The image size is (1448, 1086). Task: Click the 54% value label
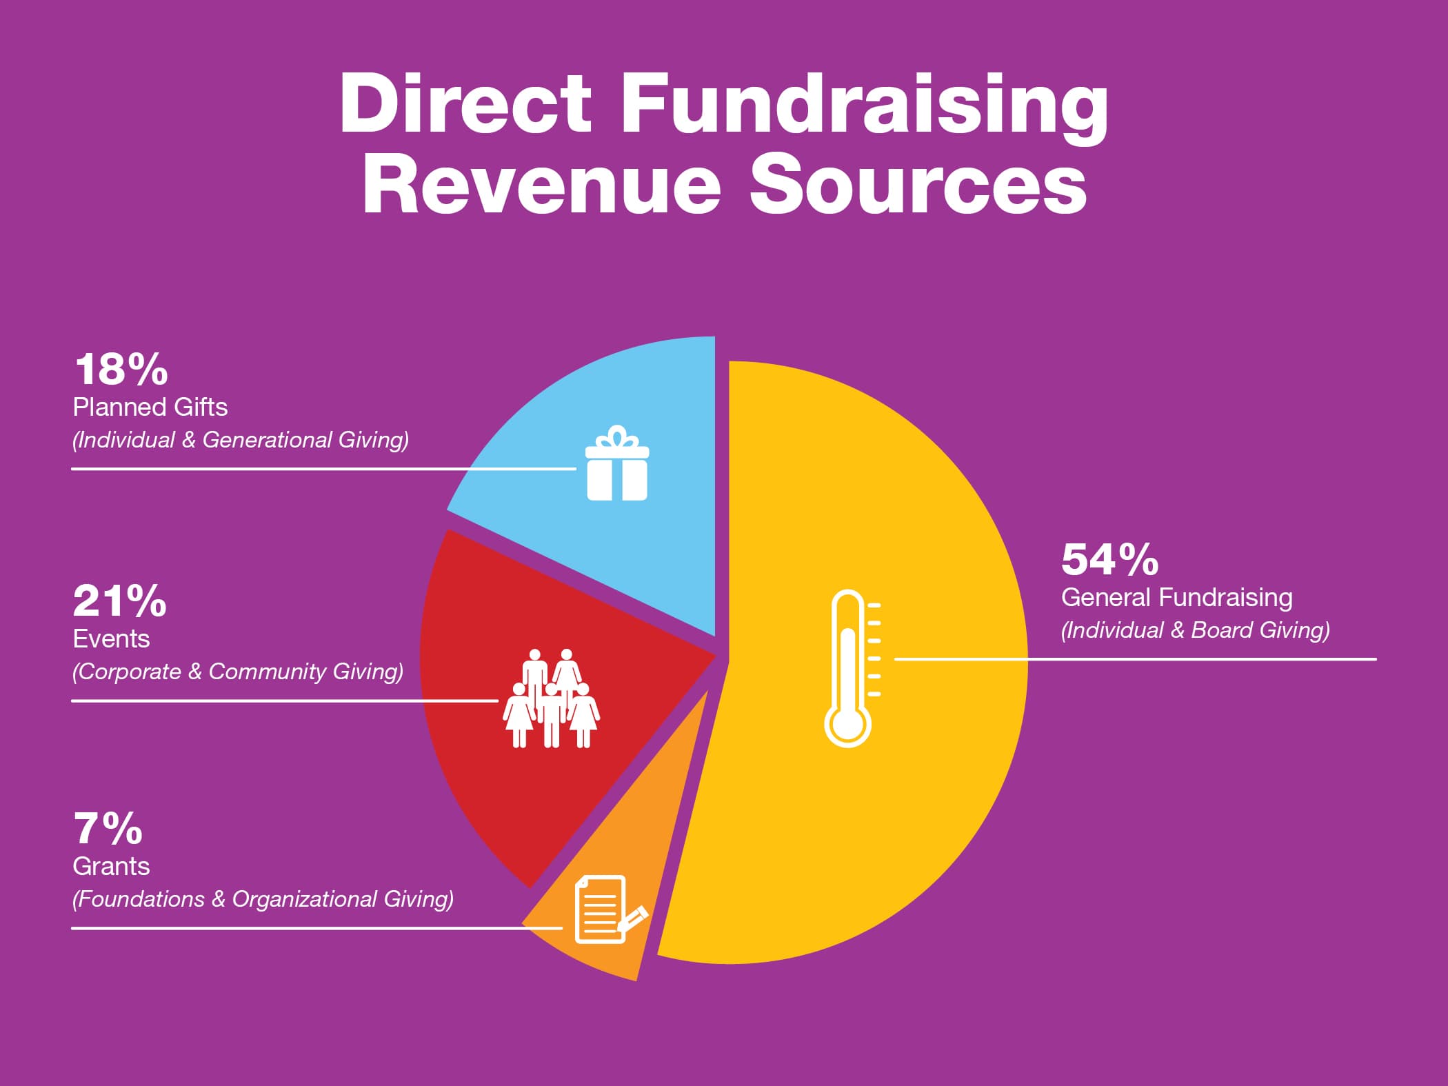[1109, 559]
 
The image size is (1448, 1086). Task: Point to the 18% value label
[121, 370]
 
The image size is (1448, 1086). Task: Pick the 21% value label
[120, 601]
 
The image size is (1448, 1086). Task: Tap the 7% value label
[108, 829]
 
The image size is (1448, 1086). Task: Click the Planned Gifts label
[150, 408]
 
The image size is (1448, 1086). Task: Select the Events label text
[112, 639]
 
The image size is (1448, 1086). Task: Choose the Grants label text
[112, 867]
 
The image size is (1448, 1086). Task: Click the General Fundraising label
[1176, 598]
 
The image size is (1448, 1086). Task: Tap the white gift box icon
[617, 463]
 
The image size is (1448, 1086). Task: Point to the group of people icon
[551, 698]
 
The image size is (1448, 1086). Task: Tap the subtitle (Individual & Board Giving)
[1195, 630]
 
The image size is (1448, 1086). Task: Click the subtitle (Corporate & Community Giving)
[238, 672]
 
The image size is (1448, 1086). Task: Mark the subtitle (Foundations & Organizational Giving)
[263, 899]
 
